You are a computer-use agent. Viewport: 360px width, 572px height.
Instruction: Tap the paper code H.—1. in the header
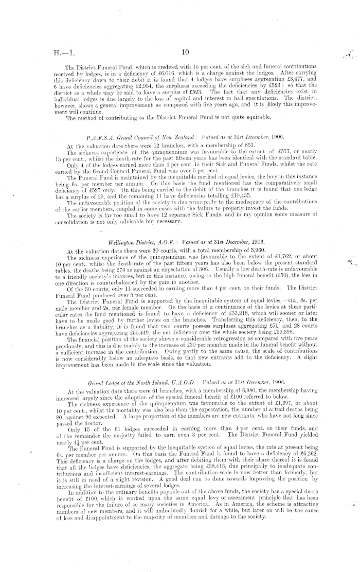[67, 52]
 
